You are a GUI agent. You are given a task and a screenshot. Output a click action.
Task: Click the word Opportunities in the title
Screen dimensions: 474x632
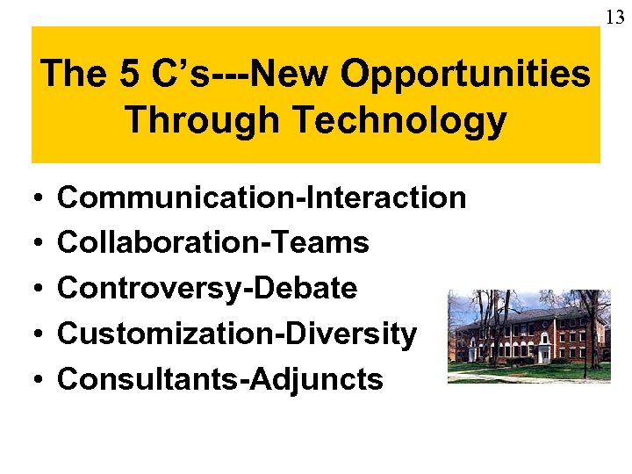click(465, 74)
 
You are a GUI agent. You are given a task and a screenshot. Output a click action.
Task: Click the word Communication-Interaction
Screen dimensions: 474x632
click(261, 197)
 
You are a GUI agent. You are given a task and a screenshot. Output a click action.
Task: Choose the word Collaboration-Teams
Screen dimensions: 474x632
click(212, 243)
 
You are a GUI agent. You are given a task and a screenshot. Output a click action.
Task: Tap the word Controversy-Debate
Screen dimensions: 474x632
click(206, 289)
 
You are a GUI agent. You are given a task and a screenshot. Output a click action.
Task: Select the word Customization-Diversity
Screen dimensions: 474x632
click(236, 334)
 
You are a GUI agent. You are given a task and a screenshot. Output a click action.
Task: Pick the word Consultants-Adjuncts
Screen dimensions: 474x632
click(219, 380)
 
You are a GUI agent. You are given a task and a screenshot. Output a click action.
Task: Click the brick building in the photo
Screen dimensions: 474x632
click(527, 338)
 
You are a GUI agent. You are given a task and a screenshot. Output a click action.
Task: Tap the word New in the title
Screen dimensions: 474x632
click(292, 74)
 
